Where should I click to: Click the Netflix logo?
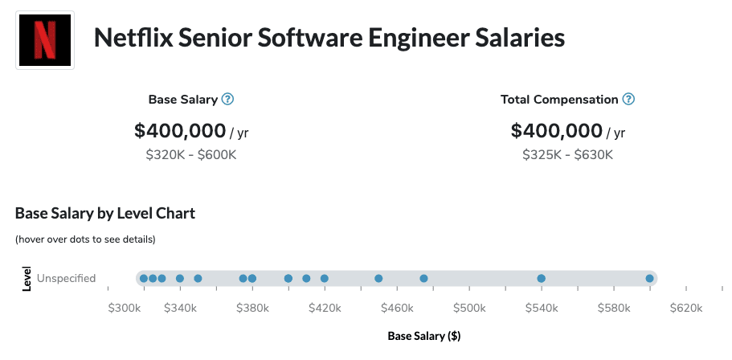pos(45,40)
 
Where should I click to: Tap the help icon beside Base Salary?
pos(227,100)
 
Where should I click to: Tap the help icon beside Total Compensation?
pos(628,100)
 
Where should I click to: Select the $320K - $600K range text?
pos(191,154)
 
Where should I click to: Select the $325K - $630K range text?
pos(567,154)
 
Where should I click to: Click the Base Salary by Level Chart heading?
pos(105,214)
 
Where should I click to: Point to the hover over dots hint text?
pos(85,239)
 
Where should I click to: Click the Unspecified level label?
pos(66,279)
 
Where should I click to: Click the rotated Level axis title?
pos(27,279)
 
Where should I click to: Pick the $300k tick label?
pos(125,308)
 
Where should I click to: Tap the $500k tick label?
pos(469,308)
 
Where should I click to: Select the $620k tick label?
pos(685,308)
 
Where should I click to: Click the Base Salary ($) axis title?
pos(424,336)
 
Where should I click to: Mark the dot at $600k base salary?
pos(649,279)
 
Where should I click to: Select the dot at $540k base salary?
pos(541,279)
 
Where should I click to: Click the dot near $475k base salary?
pos(423,279)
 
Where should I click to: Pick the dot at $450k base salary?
pos(378,279)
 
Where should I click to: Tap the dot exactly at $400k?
pos(288,279)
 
